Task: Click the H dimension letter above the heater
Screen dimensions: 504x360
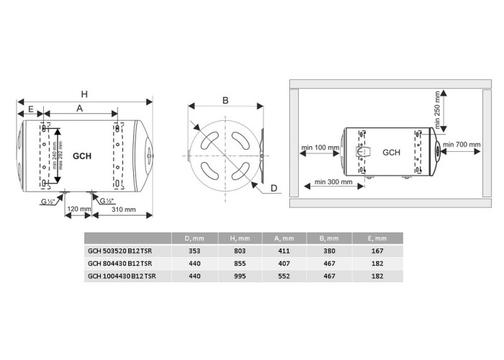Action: click(84, 94)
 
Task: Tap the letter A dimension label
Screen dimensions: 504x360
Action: click(79, 108)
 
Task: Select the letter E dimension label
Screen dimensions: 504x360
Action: click(31, 109)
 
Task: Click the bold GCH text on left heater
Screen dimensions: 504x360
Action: click(82, 156)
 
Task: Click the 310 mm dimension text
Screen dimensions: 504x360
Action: click(123, 210)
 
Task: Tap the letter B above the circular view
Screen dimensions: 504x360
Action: click(225, 100)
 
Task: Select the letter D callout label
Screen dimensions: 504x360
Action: click(274, 188)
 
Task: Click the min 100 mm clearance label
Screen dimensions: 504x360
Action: click(320, 148)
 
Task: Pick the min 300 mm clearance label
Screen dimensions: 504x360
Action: click(333, 182)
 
